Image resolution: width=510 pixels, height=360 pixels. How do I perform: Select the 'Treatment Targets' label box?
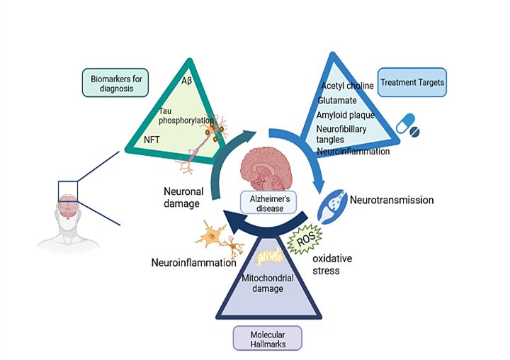[411, 83]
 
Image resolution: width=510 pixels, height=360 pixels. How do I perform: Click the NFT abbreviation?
[152, 140]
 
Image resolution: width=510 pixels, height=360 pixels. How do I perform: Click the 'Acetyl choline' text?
[347, 86]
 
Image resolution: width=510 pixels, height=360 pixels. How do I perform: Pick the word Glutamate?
[337, 101]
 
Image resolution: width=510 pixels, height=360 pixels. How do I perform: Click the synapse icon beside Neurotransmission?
[331, 205]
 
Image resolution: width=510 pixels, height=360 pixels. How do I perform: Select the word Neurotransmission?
[392, 201]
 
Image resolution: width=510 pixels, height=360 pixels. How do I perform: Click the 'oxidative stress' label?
[332, 264]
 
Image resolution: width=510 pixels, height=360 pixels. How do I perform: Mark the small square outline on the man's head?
[68, 191]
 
